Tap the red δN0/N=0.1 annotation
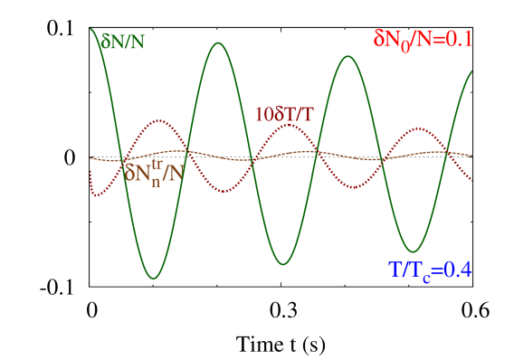[x=423, y=39]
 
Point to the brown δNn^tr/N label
[x=155, y=171]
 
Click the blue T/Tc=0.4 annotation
[x=430, y=270]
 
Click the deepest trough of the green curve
[x=154, y=279]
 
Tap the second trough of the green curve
[x=283, y=264]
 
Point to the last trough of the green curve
[x=414, y=251]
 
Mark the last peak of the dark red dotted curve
[x=415, y=128]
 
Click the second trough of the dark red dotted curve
[x=353, y=188]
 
